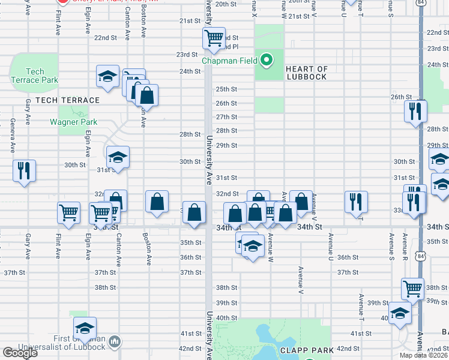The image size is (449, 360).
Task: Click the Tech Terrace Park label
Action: pos(34,76)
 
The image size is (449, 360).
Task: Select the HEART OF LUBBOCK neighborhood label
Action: pos(306,73)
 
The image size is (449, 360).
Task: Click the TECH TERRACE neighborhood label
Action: pos(67,100)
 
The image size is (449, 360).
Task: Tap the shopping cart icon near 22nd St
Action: pos(214,39)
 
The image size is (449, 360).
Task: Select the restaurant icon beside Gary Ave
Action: pos(24,171)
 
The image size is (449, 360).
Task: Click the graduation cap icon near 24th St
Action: pos(108,77)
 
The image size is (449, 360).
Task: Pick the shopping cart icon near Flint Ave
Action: pos(69,212)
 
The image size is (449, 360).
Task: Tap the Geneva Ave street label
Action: pos(13,136)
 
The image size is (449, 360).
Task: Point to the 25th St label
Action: pos(226,89)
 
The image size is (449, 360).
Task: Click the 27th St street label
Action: pos(226,117)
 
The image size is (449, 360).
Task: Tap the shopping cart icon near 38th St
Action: pos(412,289)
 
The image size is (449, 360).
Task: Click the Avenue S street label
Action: pos(391,245)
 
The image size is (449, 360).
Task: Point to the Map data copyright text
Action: pos(423,355)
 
